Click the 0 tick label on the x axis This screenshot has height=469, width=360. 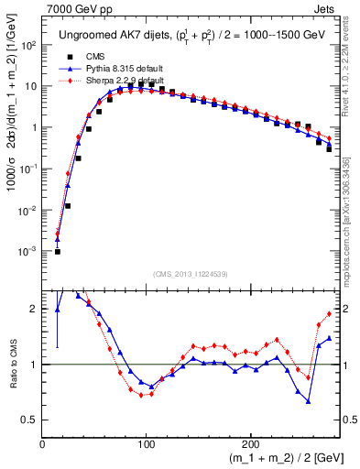[42, 442]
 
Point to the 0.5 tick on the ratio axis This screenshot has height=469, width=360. [29, 420]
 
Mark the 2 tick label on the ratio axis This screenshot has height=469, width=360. [34, 310]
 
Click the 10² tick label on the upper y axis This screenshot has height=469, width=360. [27, 45]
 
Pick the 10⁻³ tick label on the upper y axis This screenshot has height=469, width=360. [27, 251]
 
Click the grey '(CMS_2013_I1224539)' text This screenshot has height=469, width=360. [190, 273]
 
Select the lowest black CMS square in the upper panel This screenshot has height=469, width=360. [57, 251]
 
